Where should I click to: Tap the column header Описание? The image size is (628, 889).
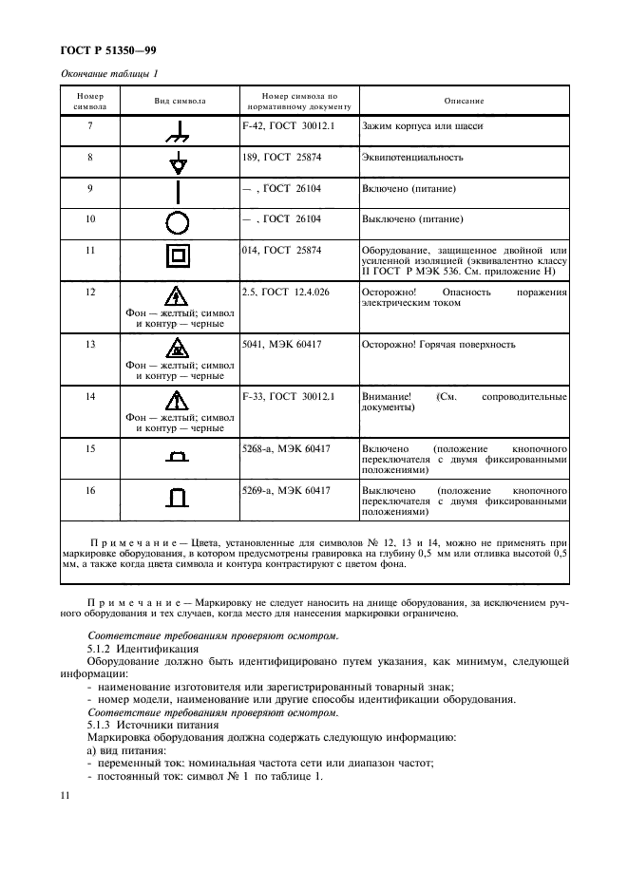464,101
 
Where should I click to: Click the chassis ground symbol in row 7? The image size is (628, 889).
178,132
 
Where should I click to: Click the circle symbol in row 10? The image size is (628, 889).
178,224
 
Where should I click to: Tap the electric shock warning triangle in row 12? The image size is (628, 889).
178,295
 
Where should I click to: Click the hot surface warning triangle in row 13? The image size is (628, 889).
178,347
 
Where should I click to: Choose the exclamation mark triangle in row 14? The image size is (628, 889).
178,398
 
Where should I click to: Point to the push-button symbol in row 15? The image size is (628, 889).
178,458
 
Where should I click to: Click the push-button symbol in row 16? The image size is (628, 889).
178,497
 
